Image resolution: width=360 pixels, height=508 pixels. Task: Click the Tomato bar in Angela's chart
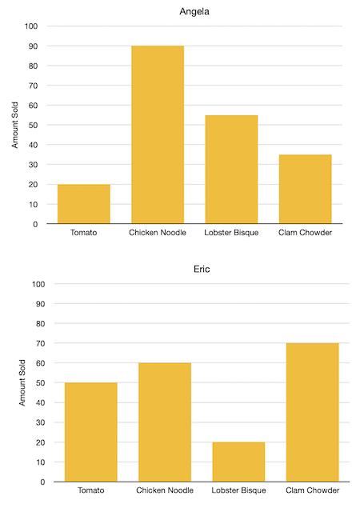tap(83, 204)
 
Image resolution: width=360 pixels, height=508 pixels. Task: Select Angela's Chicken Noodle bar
tap(158, 134)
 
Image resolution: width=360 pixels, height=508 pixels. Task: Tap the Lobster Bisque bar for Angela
tap(231, 170)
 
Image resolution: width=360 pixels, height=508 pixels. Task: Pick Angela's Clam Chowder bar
tap(305, 189)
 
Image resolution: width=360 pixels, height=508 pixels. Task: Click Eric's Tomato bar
tap(90, 432)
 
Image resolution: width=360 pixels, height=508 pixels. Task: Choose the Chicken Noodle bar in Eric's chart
tap(165, 422)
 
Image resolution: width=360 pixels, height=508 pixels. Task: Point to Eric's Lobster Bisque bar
tap(238, 462)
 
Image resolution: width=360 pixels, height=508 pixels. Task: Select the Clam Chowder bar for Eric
tap(312, 412)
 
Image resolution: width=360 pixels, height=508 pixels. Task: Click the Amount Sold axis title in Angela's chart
tap(16, 124)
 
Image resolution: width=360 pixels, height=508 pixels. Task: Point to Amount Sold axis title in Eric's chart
tap(23, 382)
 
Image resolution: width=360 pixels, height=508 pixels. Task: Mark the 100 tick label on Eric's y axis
tap(38, 284)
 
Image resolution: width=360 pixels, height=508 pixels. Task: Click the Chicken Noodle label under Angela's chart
tap(158, 233)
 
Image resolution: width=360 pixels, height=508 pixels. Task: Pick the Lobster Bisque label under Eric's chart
tap(238, 490)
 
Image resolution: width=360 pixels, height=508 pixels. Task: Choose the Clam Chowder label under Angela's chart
tap(305, 233)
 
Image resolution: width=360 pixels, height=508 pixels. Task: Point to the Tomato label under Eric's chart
tap(90, 490)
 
